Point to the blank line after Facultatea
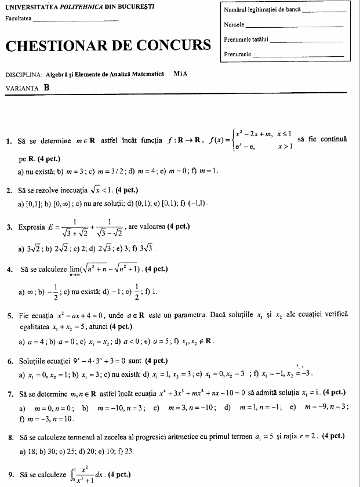coord(76,21)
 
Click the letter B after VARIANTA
coord(46,88)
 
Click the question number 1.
coord(8,141)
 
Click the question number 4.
coord(8,270)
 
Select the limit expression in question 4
coord(103,270)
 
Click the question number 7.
coord(8,394)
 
